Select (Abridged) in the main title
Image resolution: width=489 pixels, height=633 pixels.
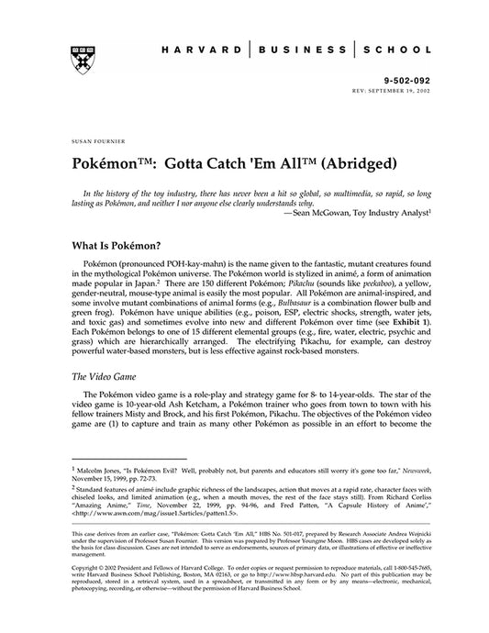[x=325, y=165]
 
